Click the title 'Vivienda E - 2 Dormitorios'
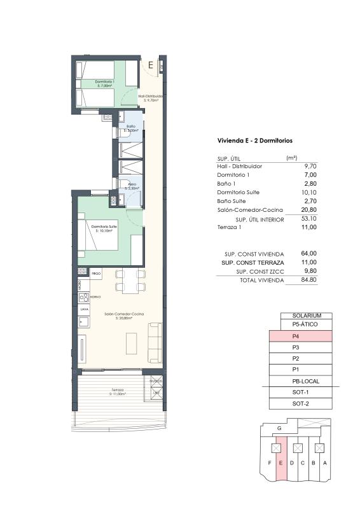click(x=254, y=141)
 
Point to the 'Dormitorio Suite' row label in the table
click(x=238, y=192)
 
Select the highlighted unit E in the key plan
click(x=280, y=463)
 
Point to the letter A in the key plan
click(x=324, y=463)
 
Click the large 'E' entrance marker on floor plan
click(x=151, y=64)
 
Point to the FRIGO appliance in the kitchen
click(x=96, y=273)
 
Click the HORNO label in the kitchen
click(x=95, y=297)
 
